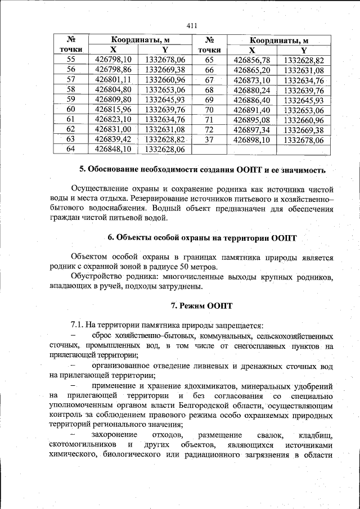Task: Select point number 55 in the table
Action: pyautogui.click(x=71, y=60)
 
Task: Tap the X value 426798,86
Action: pyautogui.click(x=113, y=69)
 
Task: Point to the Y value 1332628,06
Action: pyautogui.click(x=165, y=149)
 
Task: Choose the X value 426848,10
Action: pyautogui.click(x=113, y=149)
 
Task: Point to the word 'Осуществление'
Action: pyautogui.click(x=100, y=188)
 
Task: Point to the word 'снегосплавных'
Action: pyautogui.click(x=257, y=345)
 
